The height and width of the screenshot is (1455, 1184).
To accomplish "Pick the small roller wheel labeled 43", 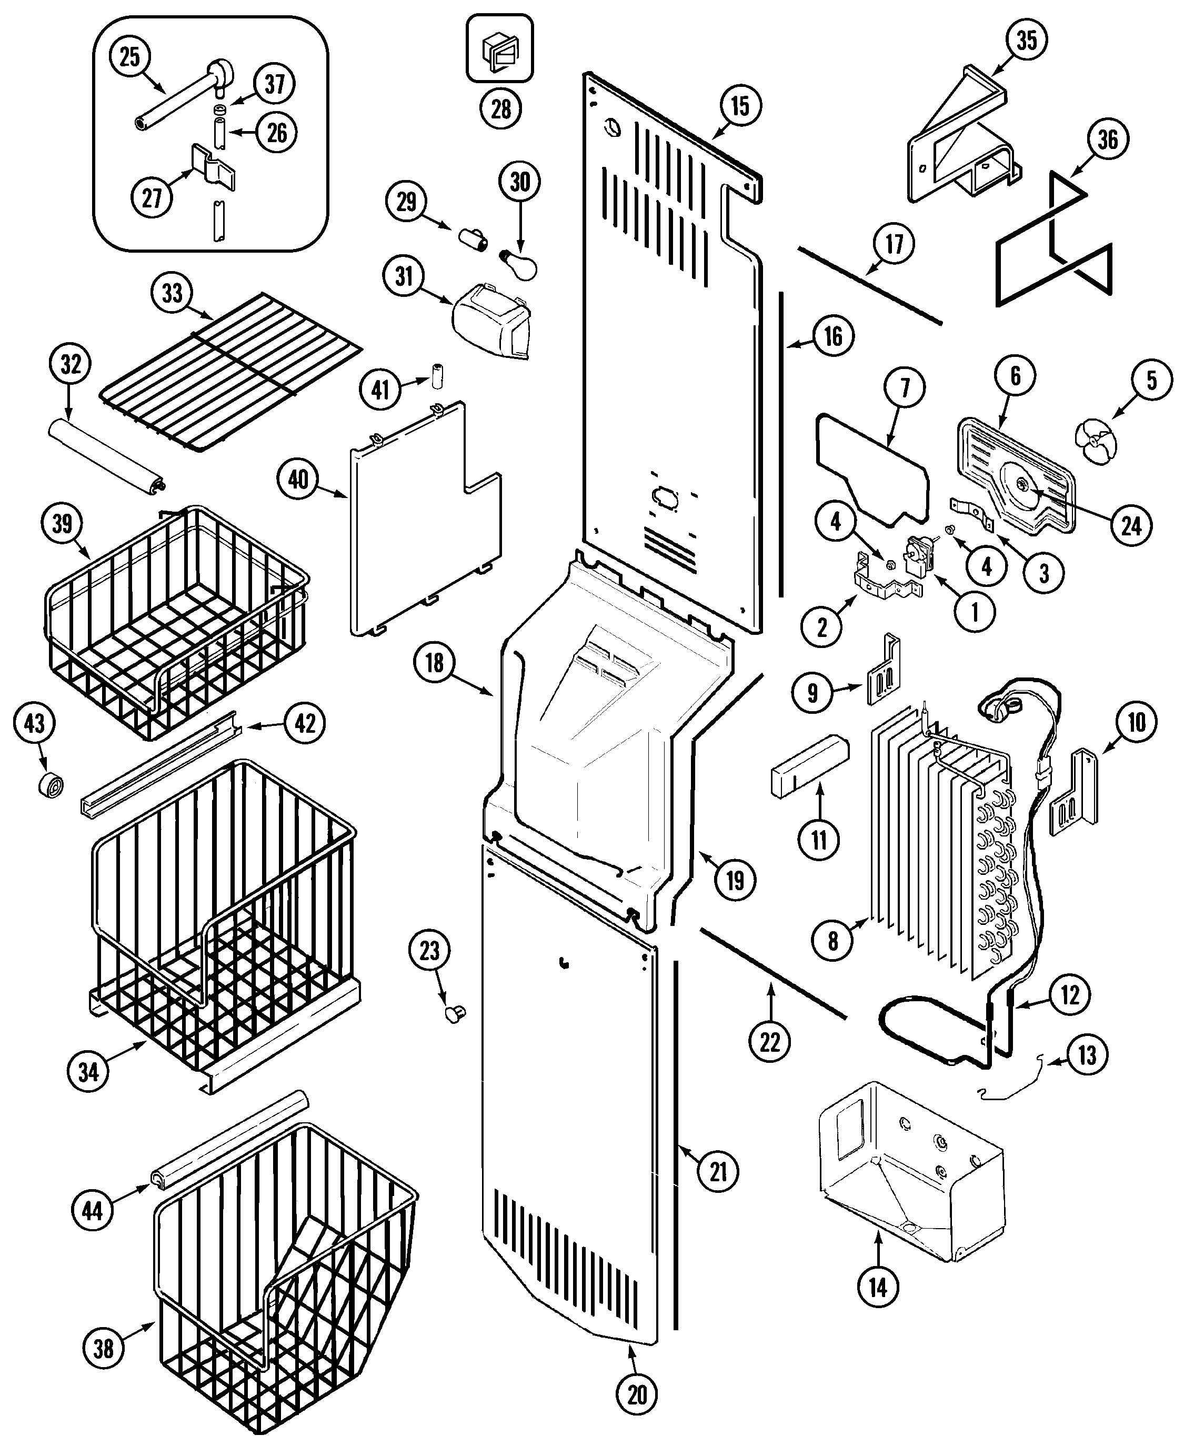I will [51, 785].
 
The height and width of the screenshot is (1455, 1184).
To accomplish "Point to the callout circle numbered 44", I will [92, 1211].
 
